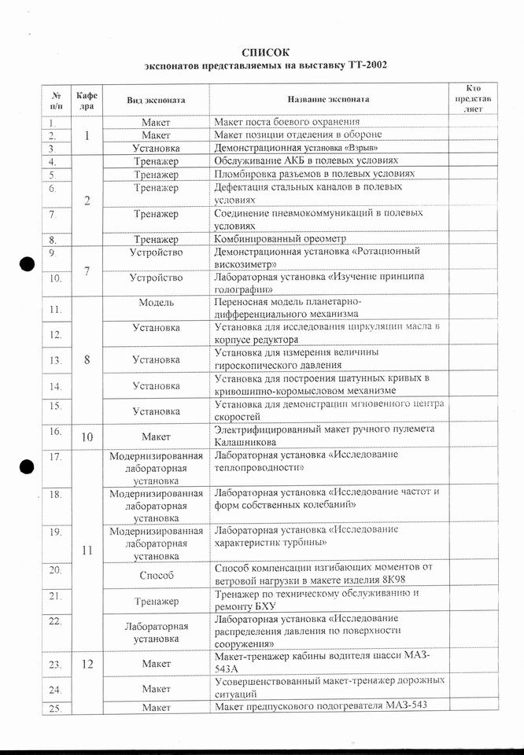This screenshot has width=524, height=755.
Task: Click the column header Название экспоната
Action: (327, 101)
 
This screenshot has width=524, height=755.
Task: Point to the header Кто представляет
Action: (474, 100)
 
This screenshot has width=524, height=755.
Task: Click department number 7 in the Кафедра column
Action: (87, 271)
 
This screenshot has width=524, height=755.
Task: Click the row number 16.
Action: (55, 431)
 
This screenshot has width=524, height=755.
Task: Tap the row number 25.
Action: (55, 708)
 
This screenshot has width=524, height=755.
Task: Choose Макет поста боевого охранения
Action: (287, 122)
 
